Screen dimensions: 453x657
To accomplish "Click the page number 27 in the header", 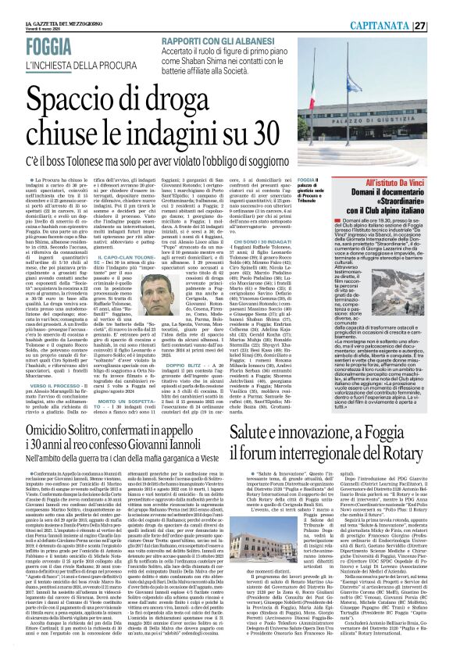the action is pyautogui.click(x=441, y=6).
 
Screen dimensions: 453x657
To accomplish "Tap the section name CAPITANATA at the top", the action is pyautogui.click(x=406, y=6).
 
